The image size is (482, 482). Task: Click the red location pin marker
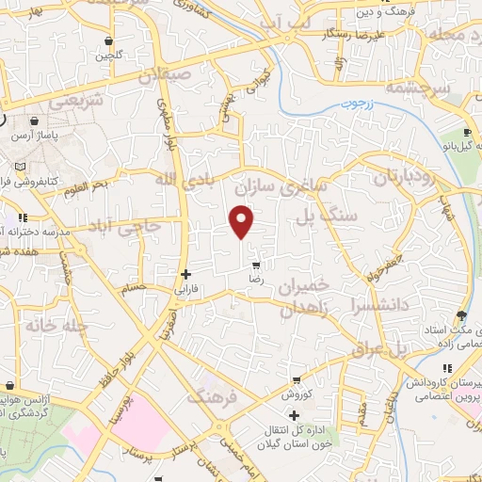(242, 222)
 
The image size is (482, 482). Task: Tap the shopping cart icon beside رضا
(255, 266)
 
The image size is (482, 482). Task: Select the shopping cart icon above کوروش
(296, 381)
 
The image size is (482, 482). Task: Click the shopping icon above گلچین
(109, 41)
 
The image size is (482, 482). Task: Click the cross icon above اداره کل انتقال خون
(294, 415)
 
